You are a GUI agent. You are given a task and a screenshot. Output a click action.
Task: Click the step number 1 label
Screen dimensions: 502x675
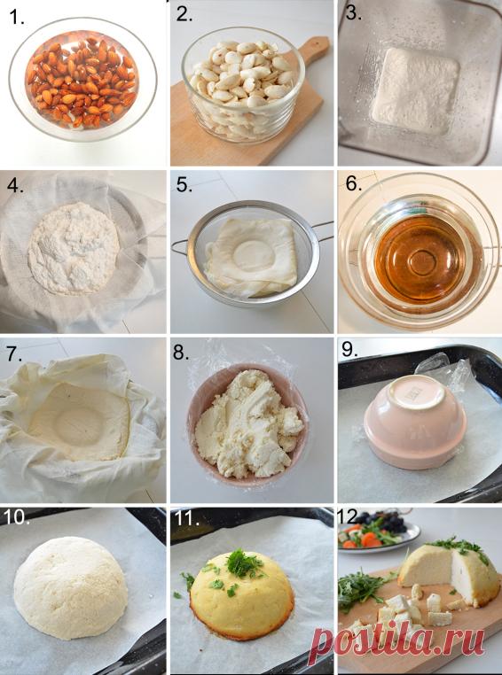coord(17,17)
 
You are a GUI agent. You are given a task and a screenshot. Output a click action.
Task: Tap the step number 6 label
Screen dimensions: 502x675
coord(353,184)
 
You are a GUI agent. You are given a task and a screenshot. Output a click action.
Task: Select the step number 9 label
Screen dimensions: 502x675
coord(349,350)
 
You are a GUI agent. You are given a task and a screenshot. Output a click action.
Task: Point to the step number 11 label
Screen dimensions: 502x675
coord(186,518)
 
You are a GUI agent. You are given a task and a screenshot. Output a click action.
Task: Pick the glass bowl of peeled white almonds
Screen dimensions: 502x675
coord(243,84)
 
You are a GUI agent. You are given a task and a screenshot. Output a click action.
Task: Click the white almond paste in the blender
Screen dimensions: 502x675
coord(414,91)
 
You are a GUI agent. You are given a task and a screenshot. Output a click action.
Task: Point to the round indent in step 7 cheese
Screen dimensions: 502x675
coord(78,426)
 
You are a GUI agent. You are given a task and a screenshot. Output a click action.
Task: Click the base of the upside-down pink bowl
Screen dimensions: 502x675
coord(416,396)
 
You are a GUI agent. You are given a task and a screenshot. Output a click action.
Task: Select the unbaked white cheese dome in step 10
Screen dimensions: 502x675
coord(71,588)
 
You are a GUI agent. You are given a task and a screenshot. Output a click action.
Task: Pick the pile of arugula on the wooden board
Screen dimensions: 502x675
coord(361,587)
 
